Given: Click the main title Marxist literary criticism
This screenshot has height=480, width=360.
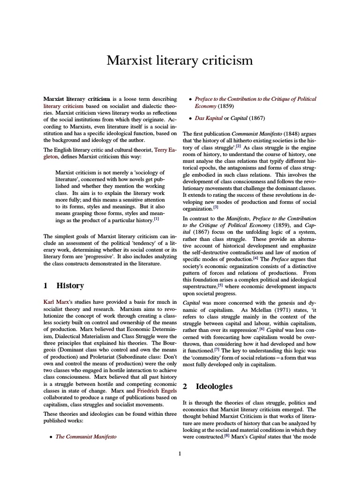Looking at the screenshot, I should point(180,60).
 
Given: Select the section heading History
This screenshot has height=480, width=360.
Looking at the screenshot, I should point(70,285).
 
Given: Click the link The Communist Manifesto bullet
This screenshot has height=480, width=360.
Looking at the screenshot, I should point(86,436).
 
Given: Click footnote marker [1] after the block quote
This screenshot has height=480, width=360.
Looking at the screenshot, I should point(157,219).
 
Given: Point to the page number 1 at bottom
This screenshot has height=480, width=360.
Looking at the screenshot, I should point(180,453).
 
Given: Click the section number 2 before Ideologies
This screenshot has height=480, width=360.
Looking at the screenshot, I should point(185,386).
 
